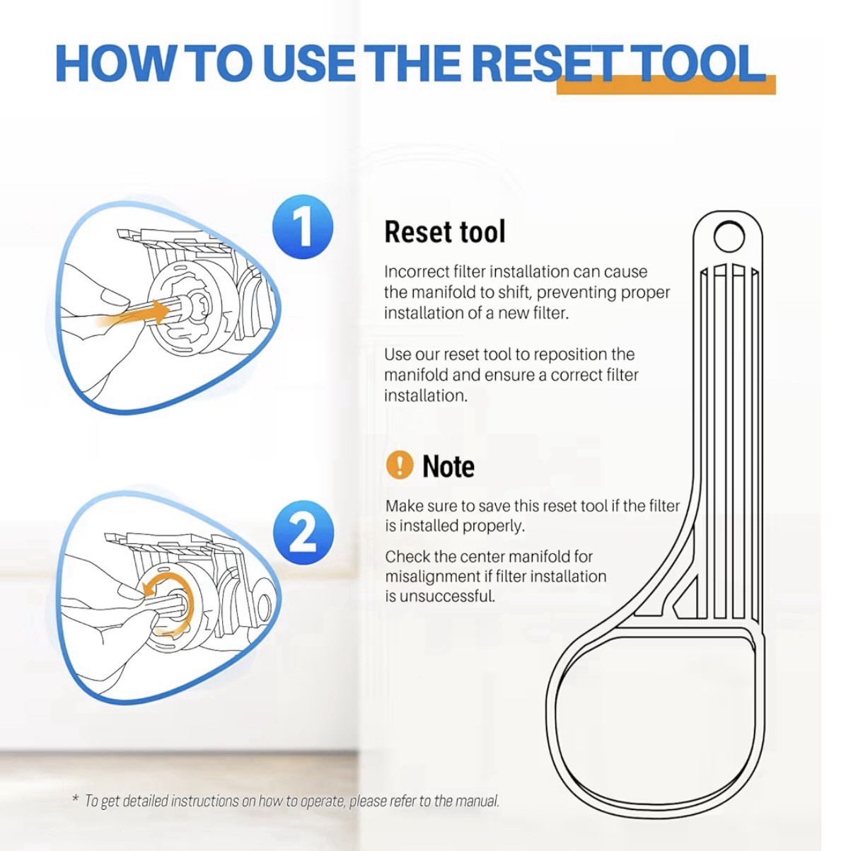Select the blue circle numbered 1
click(302, 226)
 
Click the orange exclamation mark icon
click(400, 465)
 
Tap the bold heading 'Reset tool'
click(444, 231)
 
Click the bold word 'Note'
click(448, 466)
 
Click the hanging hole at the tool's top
click(729, 237)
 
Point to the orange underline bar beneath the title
click(666, 85)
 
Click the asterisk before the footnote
click(76, 798)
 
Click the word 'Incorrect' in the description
click(412, 272)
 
